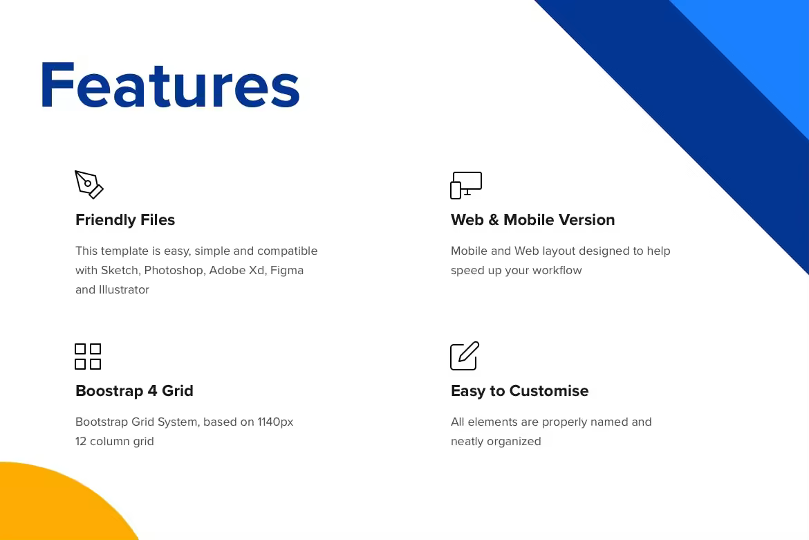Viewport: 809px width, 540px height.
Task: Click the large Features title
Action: [170, 85]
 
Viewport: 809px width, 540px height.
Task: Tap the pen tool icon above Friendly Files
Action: [89, 184]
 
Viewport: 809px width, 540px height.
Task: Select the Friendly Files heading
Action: [125, 219]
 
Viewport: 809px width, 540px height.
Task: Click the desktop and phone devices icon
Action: [466, 185]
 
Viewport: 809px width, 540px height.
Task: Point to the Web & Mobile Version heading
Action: [533, 219]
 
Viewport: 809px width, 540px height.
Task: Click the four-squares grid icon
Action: [88, 357]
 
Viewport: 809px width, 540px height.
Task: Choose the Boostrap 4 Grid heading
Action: [134, 390]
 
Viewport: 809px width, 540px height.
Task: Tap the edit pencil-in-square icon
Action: [465, 356]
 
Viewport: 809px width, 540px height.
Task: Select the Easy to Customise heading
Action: [519, 390]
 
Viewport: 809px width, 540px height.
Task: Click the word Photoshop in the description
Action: [174, 270]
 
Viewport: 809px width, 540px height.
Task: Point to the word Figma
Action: [287, 271]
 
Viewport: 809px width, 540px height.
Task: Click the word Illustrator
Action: [124, 289]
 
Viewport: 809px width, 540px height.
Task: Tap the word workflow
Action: [557, 270]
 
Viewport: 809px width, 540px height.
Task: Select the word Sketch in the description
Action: [120, 270]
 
